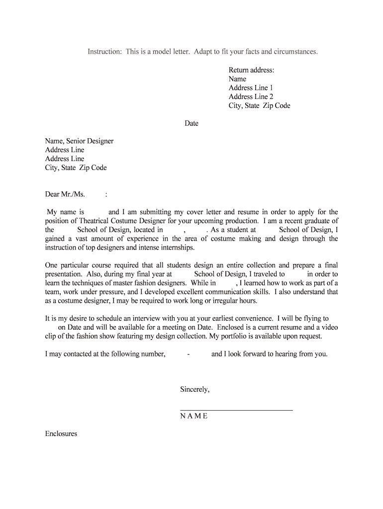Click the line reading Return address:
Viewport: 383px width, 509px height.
pos(251,70)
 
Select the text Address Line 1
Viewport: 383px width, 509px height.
pos(251,88)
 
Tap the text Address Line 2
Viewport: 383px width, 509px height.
pos(251,97)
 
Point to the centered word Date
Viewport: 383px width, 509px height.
pos(191,123)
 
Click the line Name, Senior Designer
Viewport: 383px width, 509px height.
pos(79,141)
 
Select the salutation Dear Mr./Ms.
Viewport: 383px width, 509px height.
pos(65,194)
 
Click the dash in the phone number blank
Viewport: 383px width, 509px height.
pos(189,354)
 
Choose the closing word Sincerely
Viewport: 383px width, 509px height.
pos(194,390)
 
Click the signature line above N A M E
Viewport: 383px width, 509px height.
pos(236,410)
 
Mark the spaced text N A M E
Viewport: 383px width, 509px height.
pos(194,416)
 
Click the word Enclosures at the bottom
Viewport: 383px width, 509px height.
pos(61,434)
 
